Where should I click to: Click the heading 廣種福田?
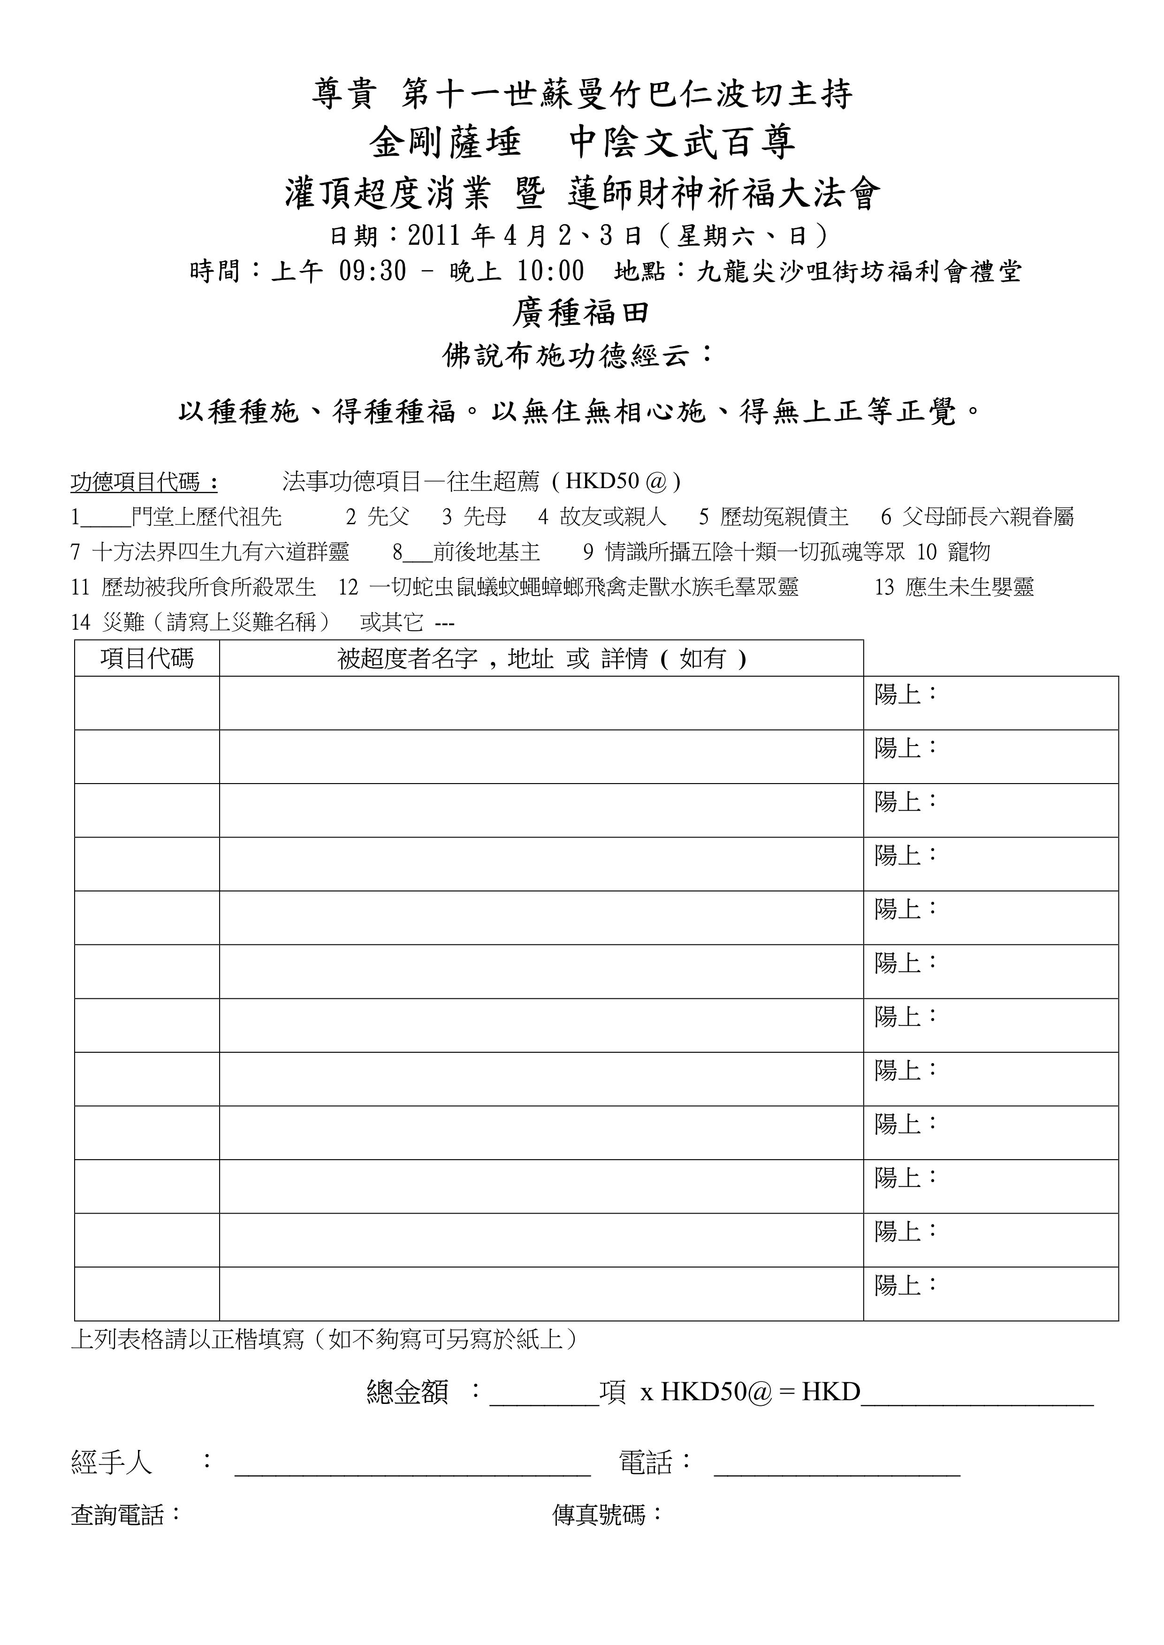coord(581,313)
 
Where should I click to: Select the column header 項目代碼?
coord(147,658)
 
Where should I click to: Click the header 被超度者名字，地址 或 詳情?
coord(541,658)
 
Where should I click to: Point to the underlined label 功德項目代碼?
coord(144,482)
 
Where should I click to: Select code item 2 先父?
coord(377,517)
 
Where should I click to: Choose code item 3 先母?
coord(474,517)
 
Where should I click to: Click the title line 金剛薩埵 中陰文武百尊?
coord(581,143)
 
